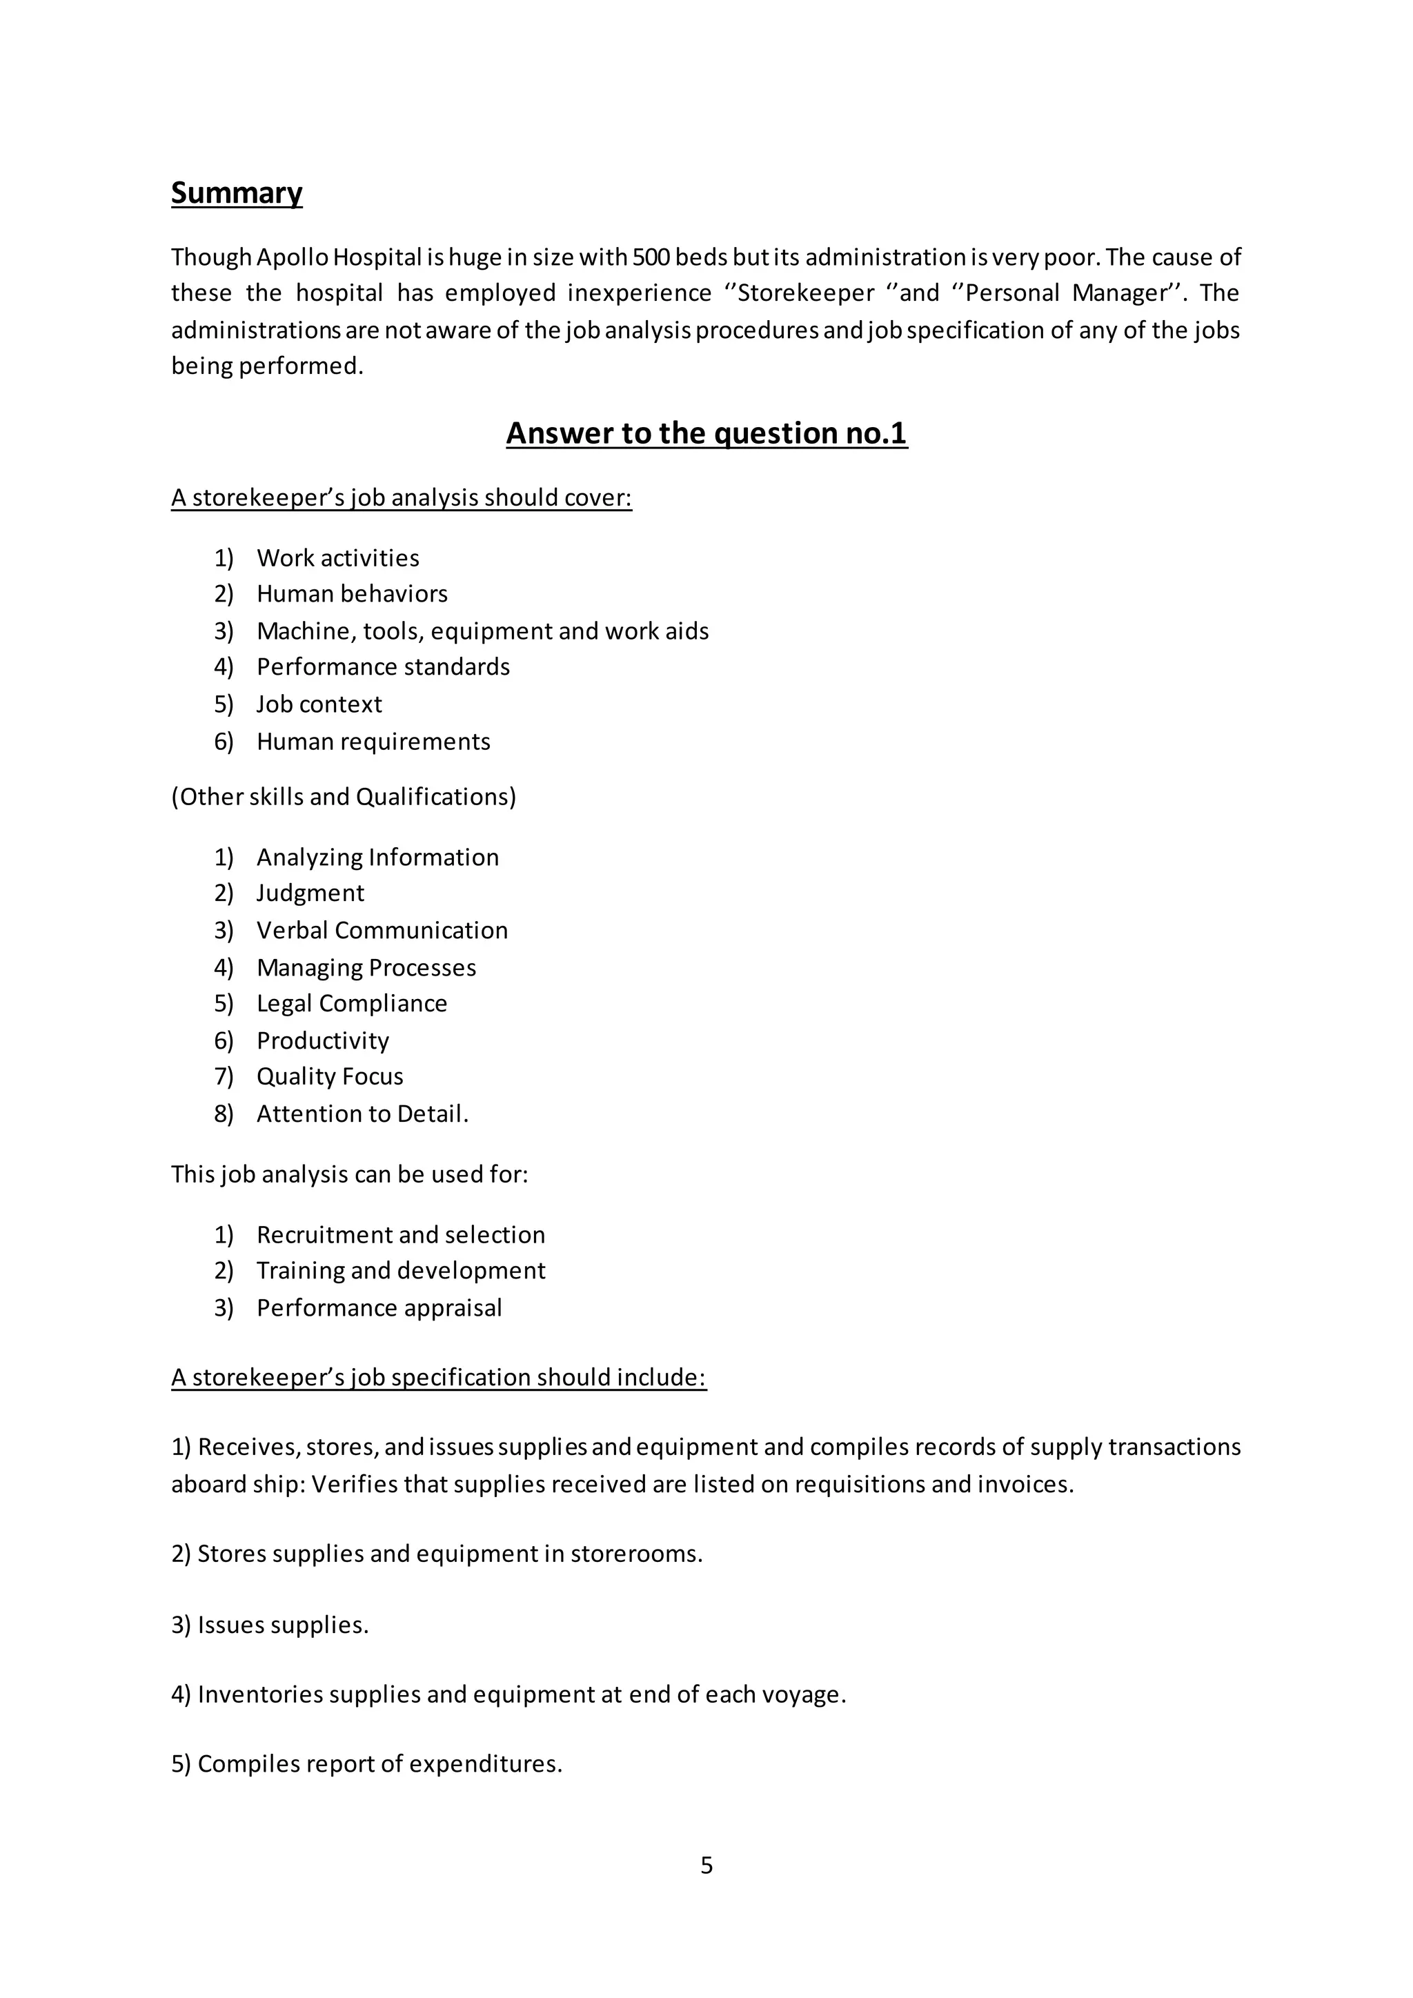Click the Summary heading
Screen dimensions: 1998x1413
pos(236,192)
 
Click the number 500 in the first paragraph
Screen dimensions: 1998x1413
pos(651,257)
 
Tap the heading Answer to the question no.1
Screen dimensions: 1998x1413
pos(706,433)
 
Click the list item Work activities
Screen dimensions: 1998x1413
pos(337,558)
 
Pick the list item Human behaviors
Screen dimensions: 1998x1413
pos(351,593)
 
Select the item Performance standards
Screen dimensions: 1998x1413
pos(383,666)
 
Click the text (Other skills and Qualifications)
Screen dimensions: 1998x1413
pos(344,796)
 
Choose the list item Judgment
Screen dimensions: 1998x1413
pos(310,893)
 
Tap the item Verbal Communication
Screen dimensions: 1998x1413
pos(382,930)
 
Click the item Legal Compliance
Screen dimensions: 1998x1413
pos(351,1003)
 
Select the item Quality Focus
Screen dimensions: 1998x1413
pos(330,1076)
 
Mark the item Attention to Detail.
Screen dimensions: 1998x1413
pos(362,1114)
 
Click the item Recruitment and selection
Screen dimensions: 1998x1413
pos(400,1235)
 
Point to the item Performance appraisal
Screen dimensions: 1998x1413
pos(379,1308)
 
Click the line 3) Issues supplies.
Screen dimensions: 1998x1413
pos(270,1625)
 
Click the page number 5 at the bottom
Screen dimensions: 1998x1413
pos(706,1865)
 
